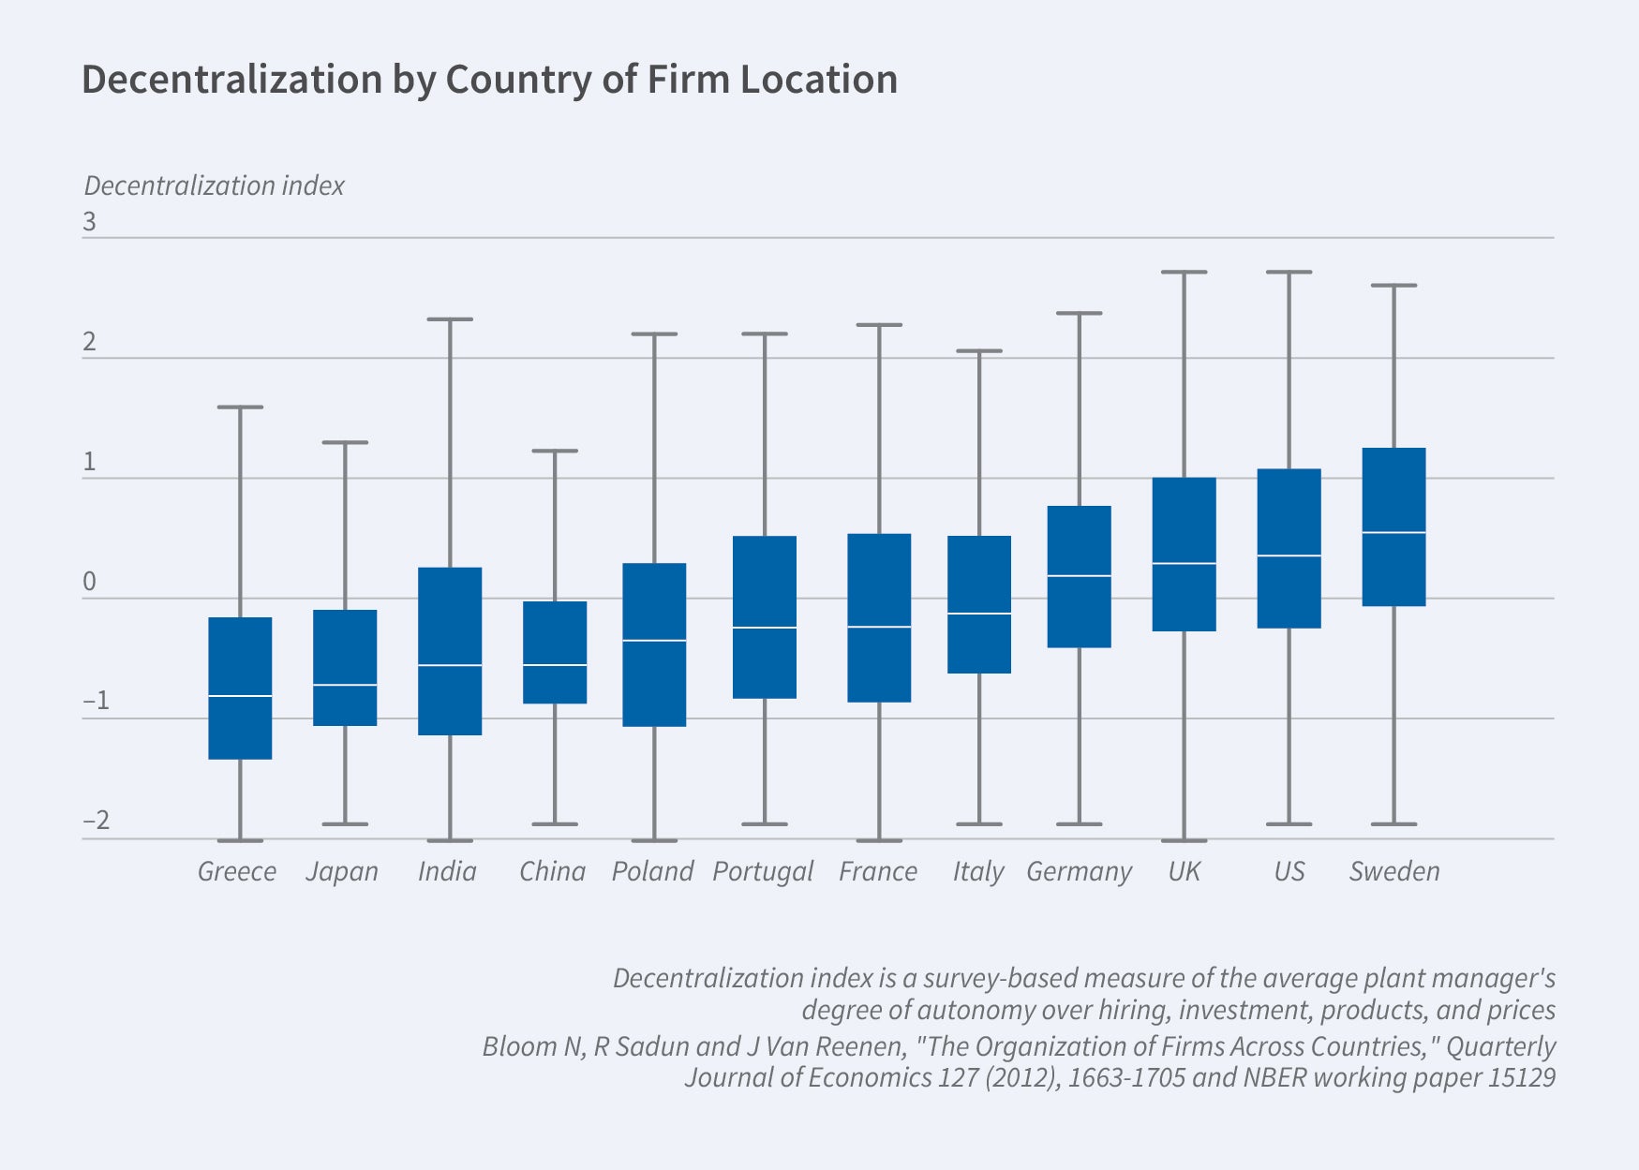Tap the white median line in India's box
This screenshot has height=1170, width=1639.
[x=450, y=665]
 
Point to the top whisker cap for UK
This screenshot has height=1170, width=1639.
[x=1185, y=273]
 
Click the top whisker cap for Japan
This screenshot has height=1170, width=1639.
[x=345, y=442]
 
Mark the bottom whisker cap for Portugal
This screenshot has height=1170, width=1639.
[x=765, y=824]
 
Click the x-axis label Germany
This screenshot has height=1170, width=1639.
[x=1079, y=872]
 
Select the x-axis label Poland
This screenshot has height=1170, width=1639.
[x=652, y=872]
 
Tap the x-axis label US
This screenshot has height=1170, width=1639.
[x=1289, y=872]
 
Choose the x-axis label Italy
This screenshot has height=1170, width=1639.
[x=978, y=872]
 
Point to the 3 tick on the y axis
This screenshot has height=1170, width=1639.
[x=90, y=222]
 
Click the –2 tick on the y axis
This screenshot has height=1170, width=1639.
[x=96, y=821]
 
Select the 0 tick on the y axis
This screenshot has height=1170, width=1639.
[x=90, y=582]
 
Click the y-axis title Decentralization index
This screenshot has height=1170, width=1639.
[x=215, y=185]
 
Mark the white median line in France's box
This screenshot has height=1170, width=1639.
[x=879, y=627]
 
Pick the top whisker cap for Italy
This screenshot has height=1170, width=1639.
[x=979, y=351]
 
